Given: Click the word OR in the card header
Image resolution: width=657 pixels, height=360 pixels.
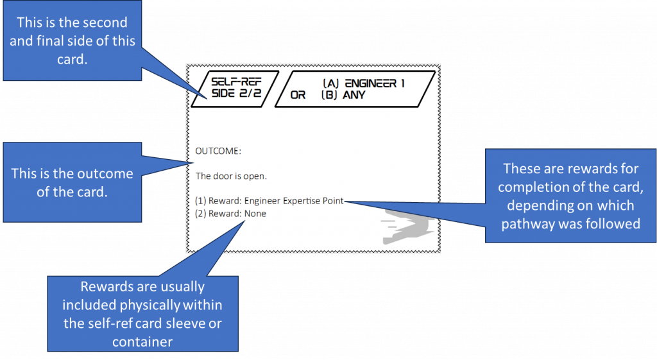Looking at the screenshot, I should [298, 96].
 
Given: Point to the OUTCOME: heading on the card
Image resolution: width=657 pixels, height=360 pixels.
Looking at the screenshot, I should [218, 151].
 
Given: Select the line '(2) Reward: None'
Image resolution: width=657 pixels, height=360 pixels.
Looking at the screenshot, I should [230, 214].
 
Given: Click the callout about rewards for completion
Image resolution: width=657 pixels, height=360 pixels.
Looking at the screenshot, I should [570, 196].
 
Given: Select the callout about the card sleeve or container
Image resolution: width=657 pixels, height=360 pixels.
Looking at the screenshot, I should [142, 314].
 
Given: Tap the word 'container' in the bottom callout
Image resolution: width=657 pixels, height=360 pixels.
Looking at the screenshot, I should [142, 342].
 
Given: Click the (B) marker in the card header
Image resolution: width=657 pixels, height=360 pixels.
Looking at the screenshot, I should [330, 95].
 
